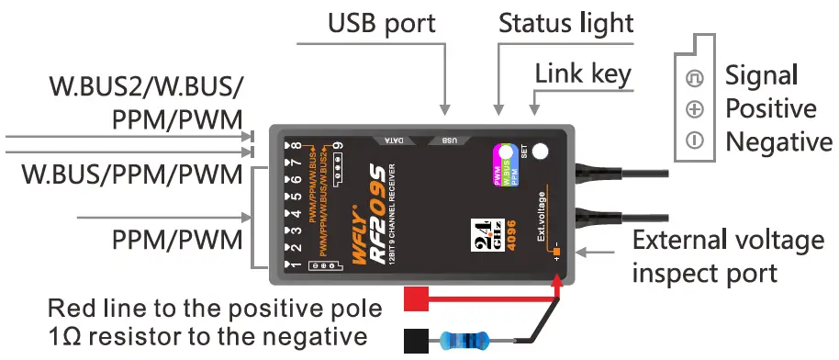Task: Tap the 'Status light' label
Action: click(565, 21)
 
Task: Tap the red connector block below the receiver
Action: click(418, 298)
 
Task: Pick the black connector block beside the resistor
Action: click(418, 339)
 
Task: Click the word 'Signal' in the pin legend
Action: click(761, 74)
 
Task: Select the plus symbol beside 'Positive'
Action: click(695, 109)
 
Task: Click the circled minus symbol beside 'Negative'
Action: click(695, 141)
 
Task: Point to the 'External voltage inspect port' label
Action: click(728, 257)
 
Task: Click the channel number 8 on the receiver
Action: click(296, 145)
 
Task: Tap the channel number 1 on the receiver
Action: click(296, 264)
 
